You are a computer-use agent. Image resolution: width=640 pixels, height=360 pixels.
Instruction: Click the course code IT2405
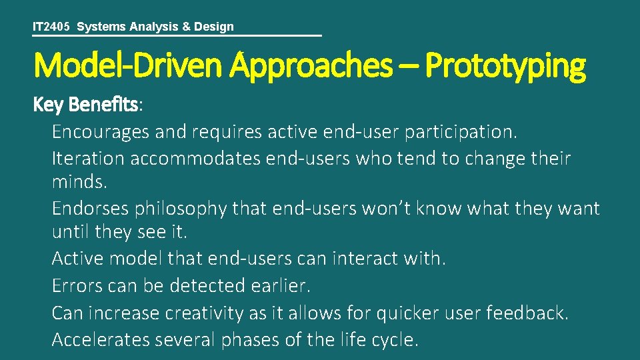coord(53,27)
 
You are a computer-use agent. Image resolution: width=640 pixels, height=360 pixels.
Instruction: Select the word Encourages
coord(101,132)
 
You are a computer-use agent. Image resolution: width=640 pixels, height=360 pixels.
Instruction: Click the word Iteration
coord(88,159)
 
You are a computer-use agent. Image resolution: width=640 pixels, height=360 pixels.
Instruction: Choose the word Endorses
coord(91,209)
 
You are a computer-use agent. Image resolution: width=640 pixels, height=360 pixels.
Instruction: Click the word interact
coord(366,259)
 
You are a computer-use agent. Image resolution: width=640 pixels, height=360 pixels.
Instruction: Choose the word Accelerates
coord(101,339)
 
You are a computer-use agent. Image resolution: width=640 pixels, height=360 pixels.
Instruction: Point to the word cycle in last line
coord(395,339)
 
